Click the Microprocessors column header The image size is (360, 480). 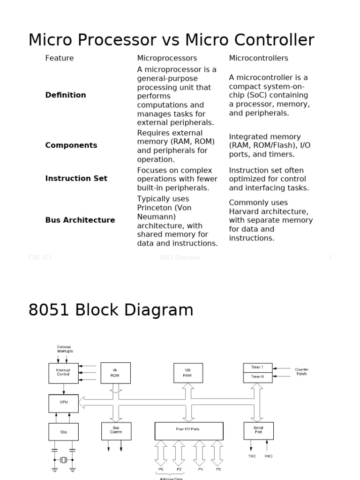point(167,58)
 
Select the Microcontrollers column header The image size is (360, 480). point(258,58)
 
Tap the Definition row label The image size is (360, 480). point(66,95)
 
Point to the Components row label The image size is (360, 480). point(71,145)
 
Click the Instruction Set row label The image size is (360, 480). point(76,179)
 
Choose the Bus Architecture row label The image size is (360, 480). point(80,220)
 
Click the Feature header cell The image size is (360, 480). point(60,58)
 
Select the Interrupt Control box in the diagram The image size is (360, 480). point(64,373)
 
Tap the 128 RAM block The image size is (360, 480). point(188,373)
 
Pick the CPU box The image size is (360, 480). point(64,403)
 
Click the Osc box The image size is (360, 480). point(64,431)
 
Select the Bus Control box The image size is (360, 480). point(116,430)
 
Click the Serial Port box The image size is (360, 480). point(258,430)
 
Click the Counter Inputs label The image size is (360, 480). point(301,372)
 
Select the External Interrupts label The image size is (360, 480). point(65,349)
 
